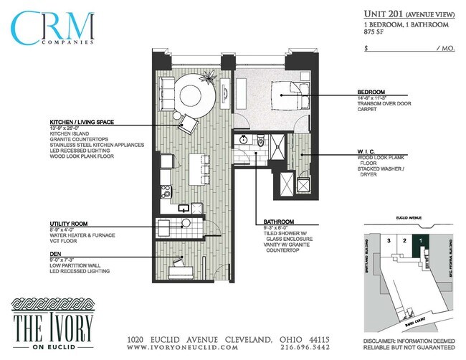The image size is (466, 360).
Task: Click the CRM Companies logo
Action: tap(53, 29)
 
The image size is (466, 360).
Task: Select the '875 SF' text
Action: tap(374, 32)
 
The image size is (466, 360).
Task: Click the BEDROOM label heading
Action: tap(371, 92)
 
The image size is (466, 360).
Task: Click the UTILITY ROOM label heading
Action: tap(69, 224)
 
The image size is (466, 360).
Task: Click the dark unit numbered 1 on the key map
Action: tap(420, 242)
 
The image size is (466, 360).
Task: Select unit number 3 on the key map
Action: tap(389, 242)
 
